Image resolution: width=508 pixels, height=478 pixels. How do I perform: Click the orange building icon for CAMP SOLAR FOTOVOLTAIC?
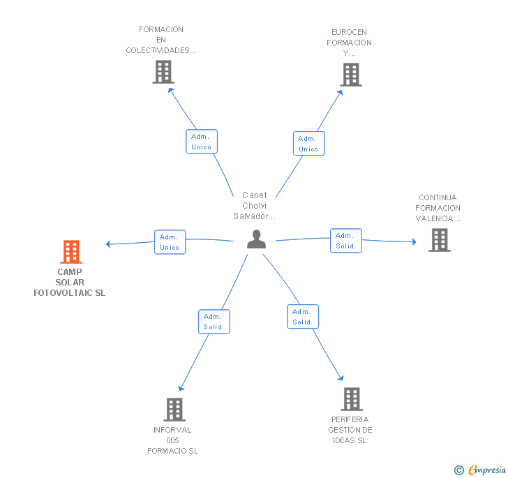(x=71, y=251)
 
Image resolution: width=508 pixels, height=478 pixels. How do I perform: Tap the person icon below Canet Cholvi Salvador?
(x=256, y=239)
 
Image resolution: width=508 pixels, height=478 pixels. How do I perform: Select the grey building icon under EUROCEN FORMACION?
(x=351, y=75)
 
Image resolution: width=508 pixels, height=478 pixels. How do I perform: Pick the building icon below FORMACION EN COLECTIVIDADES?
(x=163, y=72)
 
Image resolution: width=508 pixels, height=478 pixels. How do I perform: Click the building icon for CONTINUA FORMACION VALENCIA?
(x=440, y=240)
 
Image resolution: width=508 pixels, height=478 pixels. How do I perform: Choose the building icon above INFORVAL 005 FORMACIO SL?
(x=174, y=410)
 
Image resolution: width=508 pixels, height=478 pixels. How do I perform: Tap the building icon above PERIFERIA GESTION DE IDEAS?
(x=352, y=399)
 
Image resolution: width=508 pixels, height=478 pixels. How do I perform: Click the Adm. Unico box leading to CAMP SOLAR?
(x=170, y=242)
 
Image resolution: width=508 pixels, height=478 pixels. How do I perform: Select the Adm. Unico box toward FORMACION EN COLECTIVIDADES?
(x=202, y=142)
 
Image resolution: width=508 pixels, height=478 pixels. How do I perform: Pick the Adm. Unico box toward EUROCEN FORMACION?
(x=308, y=144)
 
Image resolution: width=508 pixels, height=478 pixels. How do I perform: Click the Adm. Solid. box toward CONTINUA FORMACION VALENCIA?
(x=346, y=241)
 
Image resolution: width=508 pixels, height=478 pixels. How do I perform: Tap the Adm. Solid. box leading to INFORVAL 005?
(x=214, y=322)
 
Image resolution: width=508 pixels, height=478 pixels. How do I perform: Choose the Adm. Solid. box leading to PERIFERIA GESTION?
(x=303, y=317)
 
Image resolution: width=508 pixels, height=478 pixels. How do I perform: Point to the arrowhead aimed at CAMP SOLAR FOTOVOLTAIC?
(x=108, y=244)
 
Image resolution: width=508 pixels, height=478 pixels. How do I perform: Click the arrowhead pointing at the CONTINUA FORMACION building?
(x=414, y=241)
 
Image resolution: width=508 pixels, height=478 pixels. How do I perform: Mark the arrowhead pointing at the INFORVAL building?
(x=181, y=388)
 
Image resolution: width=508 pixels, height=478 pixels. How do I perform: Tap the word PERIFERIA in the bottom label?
(x=350, y=419)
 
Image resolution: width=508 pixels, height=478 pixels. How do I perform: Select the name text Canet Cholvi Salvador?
(x=254, y=205)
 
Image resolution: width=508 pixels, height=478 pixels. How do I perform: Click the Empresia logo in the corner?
(x=480, y=470)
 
